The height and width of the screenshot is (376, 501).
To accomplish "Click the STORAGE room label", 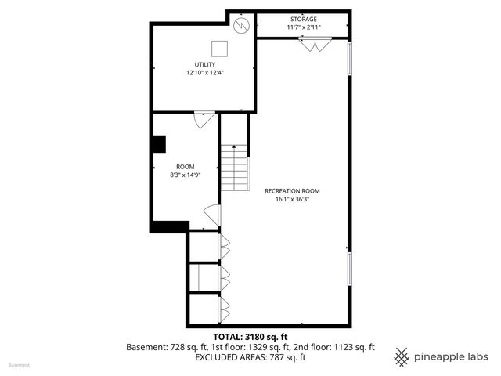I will point(304,19).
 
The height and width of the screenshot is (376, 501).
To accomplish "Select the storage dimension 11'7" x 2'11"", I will point(304,27).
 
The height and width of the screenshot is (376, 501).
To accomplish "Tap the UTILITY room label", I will point(206,64).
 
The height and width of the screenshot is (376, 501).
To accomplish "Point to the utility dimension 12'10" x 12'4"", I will point(206,73).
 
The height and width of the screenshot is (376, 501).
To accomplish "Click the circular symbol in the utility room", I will point(242,26).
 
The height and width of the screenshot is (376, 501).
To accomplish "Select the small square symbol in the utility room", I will point(221,49).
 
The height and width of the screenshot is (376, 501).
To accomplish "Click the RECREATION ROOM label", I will point(292,190).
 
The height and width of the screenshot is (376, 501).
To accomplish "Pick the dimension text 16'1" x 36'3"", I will point(292,199).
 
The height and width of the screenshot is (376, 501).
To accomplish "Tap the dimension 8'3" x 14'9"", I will point(185,175).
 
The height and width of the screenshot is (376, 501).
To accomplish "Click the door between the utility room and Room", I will point(204,121).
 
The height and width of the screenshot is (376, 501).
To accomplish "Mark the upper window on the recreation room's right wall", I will point(350,59).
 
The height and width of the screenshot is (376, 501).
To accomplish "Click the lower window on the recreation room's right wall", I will point(350,269).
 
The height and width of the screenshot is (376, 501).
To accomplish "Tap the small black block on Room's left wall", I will point(159,144).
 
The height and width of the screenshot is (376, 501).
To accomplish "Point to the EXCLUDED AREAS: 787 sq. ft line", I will point(250,357).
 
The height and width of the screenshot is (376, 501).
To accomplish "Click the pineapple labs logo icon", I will point(402,356).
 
